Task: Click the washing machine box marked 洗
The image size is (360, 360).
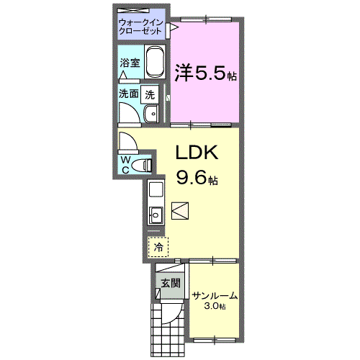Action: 150,94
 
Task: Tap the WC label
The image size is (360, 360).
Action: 125,163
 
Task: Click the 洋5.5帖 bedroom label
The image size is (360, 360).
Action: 206,73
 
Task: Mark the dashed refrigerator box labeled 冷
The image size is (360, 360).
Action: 156,246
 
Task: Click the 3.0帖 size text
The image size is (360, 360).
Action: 215,307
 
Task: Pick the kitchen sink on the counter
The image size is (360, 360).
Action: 155,214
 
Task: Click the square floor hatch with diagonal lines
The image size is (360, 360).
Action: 181,211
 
